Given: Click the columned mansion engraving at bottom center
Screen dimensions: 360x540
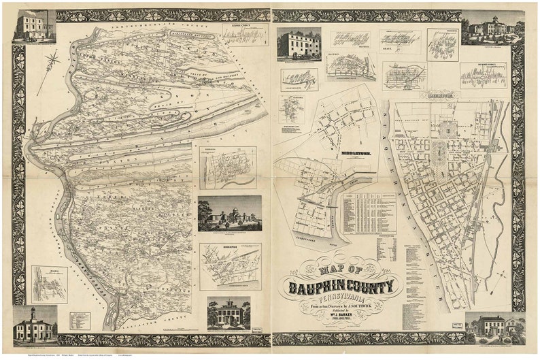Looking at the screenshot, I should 229,314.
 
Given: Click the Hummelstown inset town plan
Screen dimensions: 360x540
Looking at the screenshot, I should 483,76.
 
